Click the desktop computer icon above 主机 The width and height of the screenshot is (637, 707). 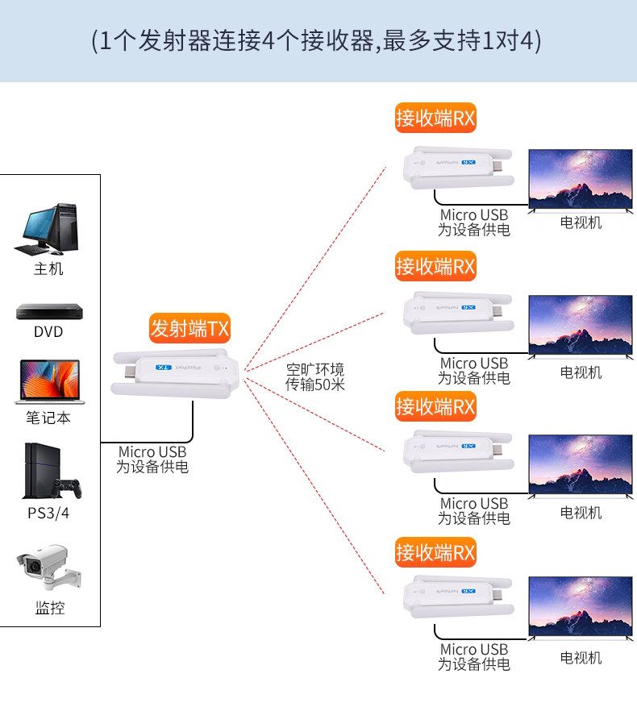48,227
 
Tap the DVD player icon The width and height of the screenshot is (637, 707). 48,312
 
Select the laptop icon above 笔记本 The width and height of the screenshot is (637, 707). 48,381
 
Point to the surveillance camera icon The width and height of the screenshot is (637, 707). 48,569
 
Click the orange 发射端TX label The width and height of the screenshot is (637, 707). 189,328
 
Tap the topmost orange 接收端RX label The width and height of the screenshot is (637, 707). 435,119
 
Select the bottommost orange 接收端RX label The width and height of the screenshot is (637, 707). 435,552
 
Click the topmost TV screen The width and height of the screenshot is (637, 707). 581,178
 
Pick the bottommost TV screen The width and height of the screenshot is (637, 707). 581,605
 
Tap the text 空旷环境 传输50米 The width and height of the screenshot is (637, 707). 315,377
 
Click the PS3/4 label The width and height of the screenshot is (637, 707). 48,513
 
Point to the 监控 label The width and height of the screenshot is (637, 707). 49,608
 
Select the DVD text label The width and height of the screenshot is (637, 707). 48,332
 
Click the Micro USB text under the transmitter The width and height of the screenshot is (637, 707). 152,452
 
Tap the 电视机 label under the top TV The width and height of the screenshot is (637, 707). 581,222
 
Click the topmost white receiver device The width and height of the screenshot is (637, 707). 452,167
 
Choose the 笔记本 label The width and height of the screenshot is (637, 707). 48,418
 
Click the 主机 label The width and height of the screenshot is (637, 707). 48,268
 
